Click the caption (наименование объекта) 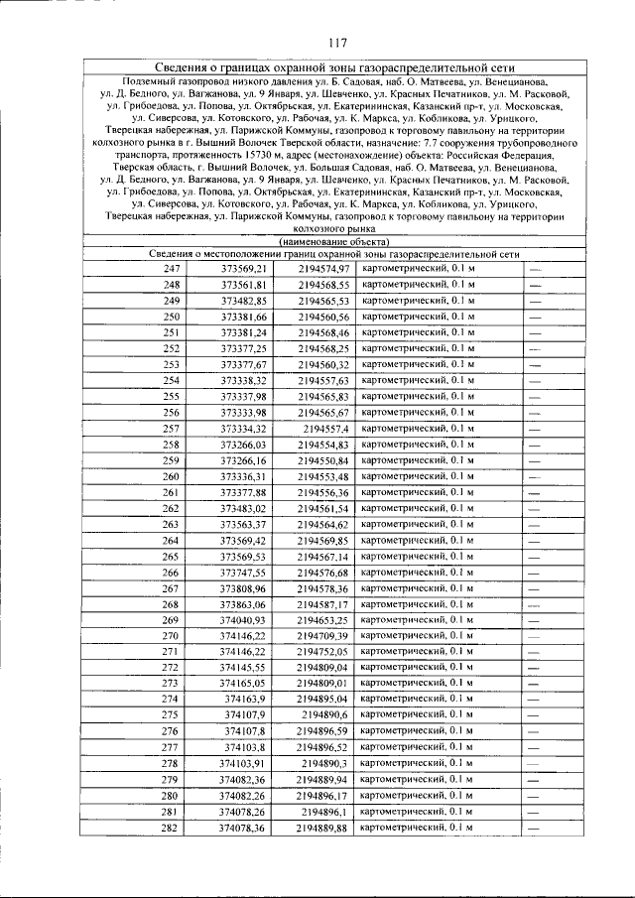coord(334,241)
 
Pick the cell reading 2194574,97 coord(324,269)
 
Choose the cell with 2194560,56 coord(324,317)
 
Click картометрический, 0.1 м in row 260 coord(417,476)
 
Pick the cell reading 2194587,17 coord(324,604)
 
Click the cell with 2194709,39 coord(324,636)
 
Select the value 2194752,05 coord(324,652)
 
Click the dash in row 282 coord(534,828)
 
